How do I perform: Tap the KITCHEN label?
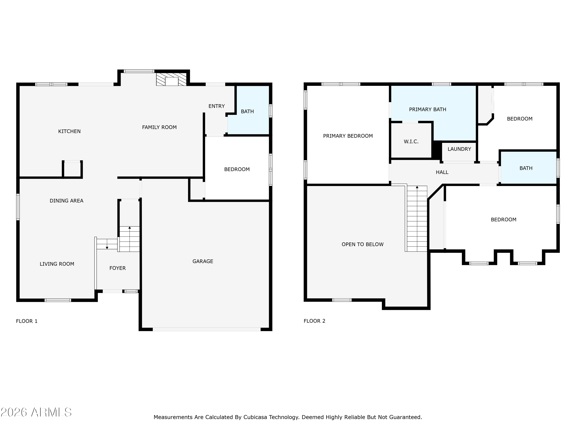69,131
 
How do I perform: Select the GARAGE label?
203,261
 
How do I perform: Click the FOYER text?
118,268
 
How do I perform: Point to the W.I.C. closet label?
411,141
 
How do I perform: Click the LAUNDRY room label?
459,149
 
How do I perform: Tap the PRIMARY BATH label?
427,109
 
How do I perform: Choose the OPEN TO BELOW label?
362,244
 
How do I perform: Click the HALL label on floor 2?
442,172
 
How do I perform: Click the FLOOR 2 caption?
314,321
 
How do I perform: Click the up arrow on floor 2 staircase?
417,187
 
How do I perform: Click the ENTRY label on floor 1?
216,106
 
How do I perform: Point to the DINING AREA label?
66,200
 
